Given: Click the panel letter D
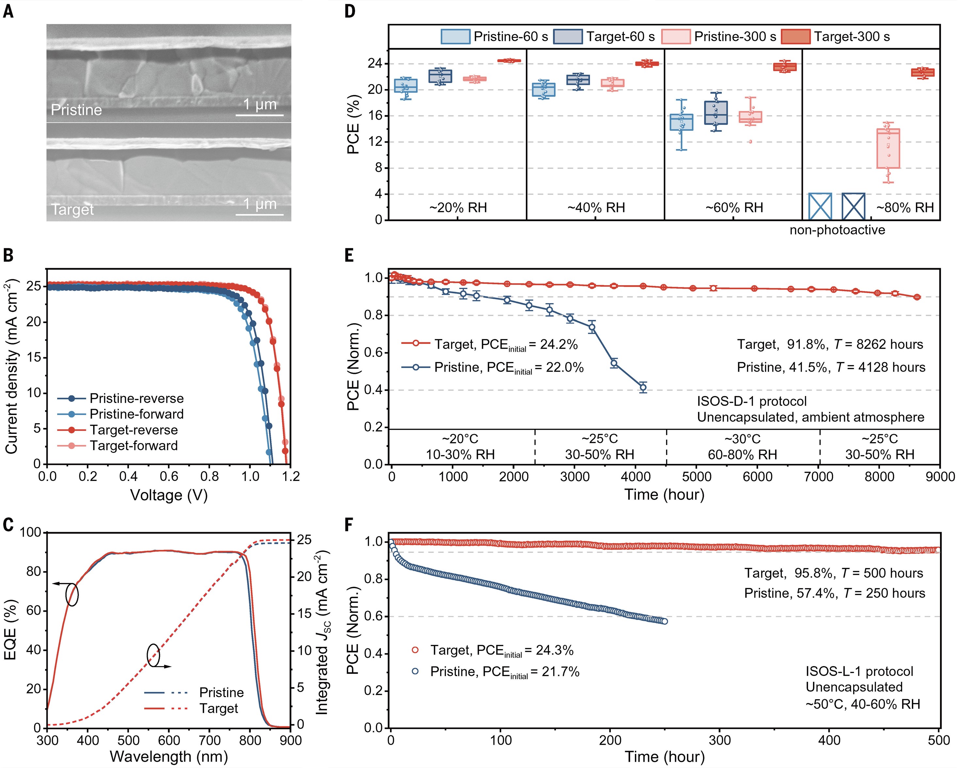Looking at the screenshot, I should point(350,11).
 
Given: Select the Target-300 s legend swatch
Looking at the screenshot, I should point(795,37).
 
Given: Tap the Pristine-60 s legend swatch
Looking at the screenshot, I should point(455,37).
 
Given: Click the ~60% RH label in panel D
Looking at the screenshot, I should point(734,207).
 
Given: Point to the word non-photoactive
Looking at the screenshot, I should point(837,230).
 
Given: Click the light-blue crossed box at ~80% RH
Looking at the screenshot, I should point(820,207).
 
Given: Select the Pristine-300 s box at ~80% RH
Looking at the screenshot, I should point(888,148).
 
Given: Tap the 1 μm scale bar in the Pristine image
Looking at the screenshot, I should point(259,115).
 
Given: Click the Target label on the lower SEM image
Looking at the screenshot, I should point(73,209).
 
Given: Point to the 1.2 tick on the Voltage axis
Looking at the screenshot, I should point(291,476).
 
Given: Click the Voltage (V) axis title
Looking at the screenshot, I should point(169,495).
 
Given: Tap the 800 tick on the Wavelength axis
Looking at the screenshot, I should point(250,740).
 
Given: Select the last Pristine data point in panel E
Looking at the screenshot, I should point(643,388).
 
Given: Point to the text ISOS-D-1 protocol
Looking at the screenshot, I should point(751,401).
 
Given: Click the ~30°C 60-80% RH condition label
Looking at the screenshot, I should point(742,447).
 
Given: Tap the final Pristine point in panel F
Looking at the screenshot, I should point(665,621).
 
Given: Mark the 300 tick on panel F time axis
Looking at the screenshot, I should point(720,740).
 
